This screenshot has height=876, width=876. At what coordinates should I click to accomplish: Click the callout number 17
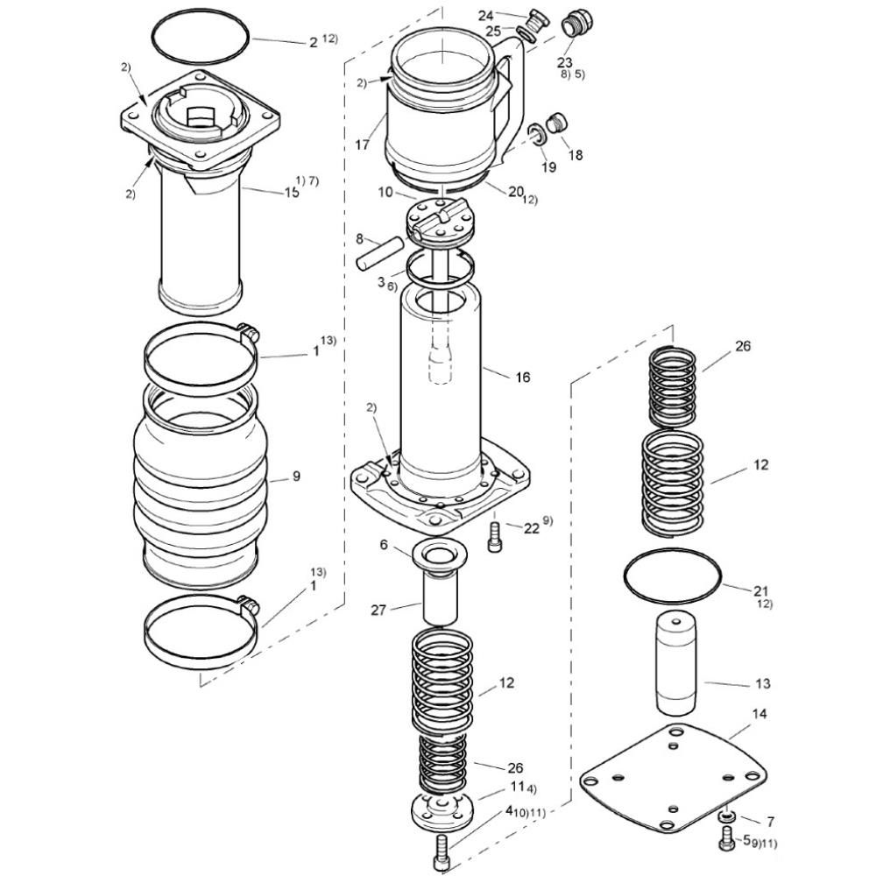[362, 145]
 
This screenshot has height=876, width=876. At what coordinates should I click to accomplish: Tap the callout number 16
[522, 378]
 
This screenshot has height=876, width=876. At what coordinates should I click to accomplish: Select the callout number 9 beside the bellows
[296, 476]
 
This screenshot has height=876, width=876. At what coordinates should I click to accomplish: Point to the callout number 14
[759, 713]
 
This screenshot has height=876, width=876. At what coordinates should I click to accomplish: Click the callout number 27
[378, 610]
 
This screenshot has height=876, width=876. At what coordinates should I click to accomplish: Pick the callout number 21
[761, 590]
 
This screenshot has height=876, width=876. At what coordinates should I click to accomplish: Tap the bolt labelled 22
[495, 537]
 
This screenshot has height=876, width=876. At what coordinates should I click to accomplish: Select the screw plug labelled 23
[576, 25]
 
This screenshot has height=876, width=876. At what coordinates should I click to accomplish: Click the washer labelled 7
[726, 816]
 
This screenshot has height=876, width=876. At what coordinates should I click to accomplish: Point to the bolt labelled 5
[727, 840]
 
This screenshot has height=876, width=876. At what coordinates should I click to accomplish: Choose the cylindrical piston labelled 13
[676, 664]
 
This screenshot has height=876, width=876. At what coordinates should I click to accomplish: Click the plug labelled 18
[556, 123]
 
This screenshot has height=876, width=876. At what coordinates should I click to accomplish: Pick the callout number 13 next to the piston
[763, 683]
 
